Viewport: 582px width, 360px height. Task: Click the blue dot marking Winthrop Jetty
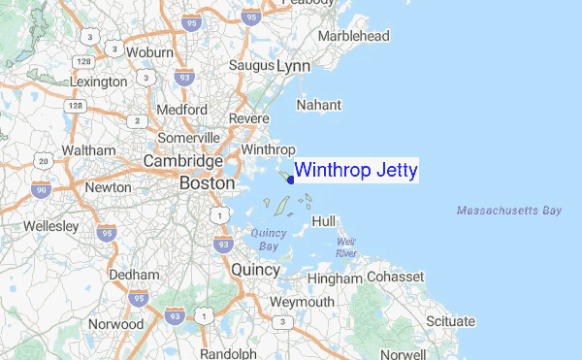[x=291, y=179]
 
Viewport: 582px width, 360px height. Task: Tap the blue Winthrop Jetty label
[x=355, y=171]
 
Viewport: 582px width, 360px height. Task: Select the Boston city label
[x=207, y=182]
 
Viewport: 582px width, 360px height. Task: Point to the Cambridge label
[x=182, y=160]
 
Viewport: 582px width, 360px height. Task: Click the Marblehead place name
[x=355, y=36]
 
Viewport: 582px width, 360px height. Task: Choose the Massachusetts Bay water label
[x=508, y=210]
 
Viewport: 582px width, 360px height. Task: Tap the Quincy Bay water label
[x=269, y=239]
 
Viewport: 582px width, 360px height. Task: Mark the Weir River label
[x=346, y=247]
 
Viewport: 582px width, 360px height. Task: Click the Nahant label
[x=320, y=104]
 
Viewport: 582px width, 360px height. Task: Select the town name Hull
[x=324, y=221]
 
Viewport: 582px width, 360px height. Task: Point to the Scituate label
[x=450, y=321]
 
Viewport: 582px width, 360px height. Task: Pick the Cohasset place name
[x=395, y=278]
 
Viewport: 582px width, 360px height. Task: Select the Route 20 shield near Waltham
[x=43, y=160]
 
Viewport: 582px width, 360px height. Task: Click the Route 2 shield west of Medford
[x=138, y=121]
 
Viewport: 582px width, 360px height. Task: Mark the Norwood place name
[x=115, y=323]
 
